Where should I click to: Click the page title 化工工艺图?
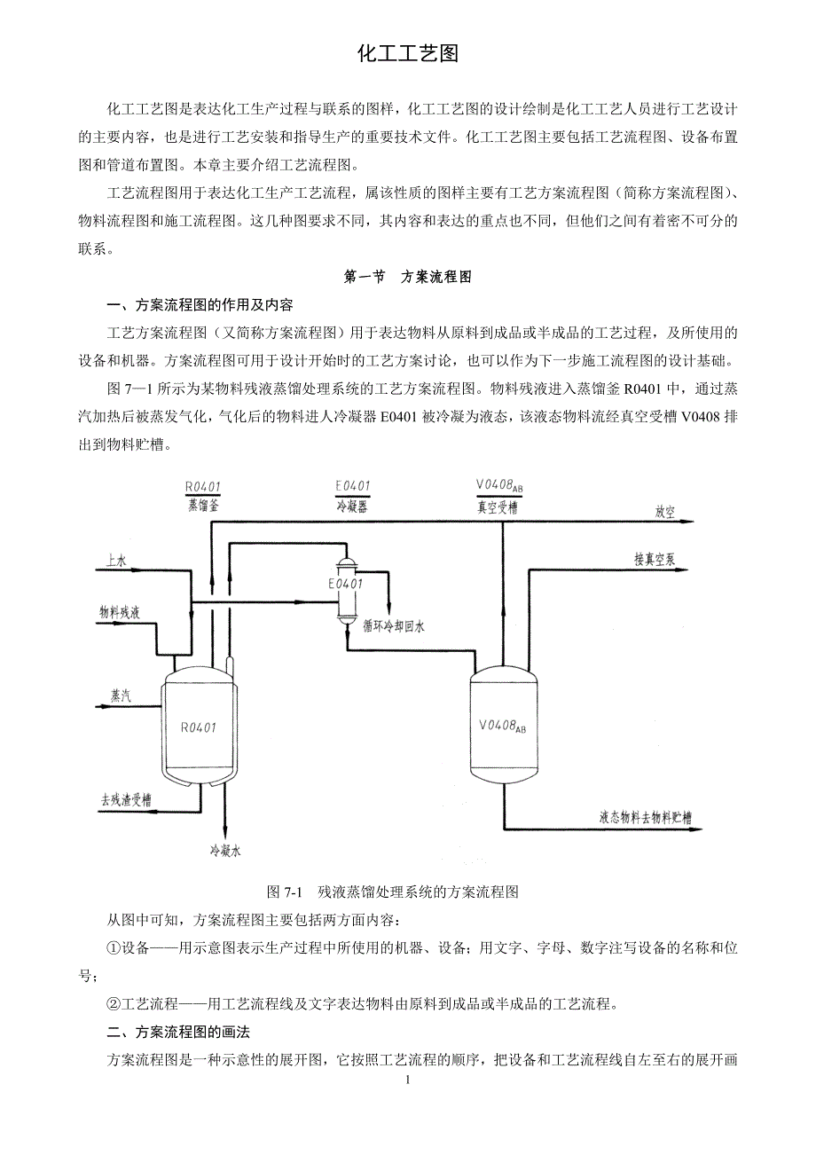[407, 54]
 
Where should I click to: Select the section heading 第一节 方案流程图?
[407, 277]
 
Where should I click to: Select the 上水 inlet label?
[116, 561]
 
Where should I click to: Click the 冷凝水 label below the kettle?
[225, 851]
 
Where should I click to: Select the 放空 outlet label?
[665, 512]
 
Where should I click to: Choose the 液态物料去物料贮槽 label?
[646, 817]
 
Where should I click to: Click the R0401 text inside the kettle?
[199, 727]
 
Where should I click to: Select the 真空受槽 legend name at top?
[497, 508]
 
